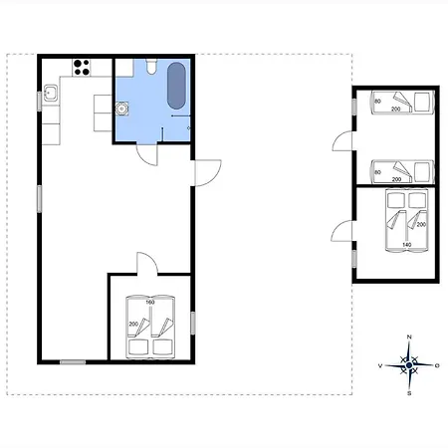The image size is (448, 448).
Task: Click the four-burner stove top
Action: coord(82,68)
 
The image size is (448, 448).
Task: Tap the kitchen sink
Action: coord(51,93)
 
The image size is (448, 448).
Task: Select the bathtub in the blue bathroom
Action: coord(176,86)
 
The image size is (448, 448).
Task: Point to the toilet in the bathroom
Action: coord(151,67)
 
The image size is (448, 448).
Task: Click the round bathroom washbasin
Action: coord(121,109)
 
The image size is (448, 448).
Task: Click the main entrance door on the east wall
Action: coord(208,173)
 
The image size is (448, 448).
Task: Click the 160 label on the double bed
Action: coord(150,303)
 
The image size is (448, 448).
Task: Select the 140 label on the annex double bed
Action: coord(407,245)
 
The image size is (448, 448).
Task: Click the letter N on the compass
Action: coord(409,336)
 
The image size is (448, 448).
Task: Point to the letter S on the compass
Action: coord(409,393)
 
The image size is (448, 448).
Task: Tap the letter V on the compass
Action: coord(380,365)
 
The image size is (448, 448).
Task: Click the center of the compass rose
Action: coord(409,365)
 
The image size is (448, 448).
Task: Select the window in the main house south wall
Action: coord(73,362)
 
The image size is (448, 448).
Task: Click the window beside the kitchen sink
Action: coord(39,102)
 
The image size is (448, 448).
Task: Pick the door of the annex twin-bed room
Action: coord(342,141)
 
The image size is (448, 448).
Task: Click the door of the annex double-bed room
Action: coord(341,231)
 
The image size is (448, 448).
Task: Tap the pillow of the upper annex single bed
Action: coord(422,102)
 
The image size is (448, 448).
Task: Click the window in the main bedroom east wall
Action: coord(192,323)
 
